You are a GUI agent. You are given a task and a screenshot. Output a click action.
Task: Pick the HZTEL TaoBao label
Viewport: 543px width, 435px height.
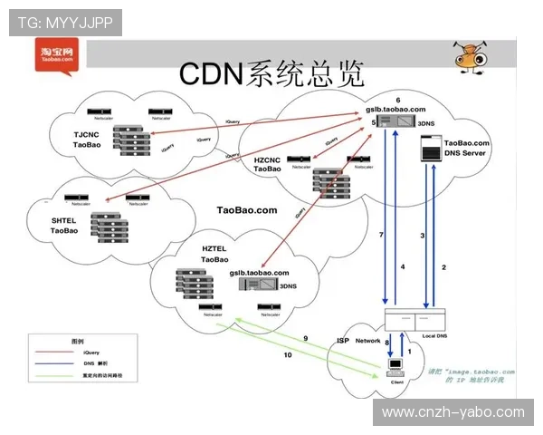click(x=214, y=255)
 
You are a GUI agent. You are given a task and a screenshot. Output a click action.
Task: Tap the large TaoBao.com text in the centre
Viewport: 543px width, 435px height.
click(x=246, y=209)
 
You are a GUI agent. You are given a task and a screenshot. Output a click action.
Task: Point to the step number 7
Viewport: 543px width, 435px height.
click(x=381, y=235)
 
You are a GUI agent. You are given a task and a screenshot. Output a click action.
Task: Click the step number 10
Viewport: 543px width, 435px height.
click(x=287, y=354)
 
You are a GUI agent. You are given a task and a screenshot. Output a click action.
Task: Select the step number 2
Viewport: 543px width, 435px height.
click(x=443, y=267)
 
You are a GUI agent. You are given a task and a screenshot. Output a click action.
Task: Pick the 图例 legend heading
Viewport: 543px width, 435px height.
click(x=80, y=340)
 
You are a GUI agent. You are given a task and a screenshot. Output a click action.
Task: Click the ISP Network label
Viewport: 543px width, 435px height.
click(x=358, y=341)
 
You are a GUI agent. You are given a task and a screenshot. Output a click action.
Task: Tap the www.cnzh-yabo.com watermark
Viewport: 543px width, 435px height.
click(x=452, y=412)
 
